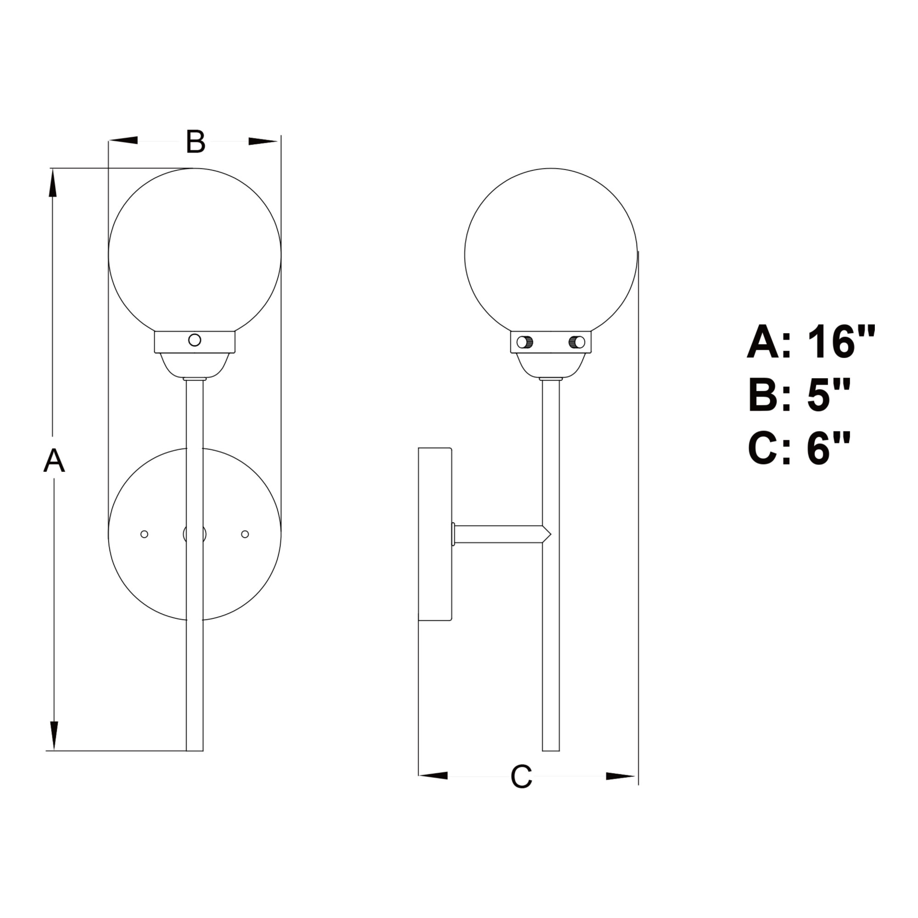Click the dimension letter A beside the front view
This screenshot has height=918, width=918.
click(x=54, y=460)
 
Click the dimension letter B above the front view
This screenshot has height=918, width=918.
click(x=195, y=141)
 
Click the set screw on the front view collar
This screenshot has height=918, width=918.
click(x=195, y=340)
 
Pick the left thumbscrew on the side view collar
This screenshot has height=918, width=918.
click(x=524, y=341)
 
